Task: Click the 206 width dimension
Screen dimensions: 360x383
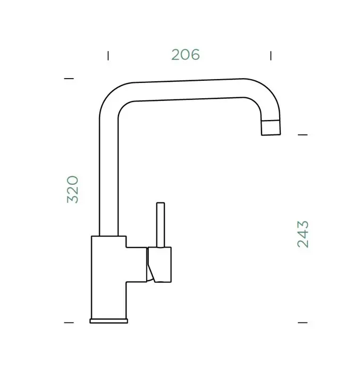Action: (x=186, y=55)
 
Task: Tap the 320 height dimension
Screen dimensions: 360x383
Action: (x=72, y=189)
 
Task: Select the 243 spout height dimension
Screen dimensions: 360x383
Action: (x=303, y=234)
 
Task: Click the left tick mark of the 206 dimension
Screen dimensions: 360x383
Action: (x=108, y=56)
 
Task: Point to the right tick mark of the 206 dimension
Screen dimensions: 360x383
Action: (x=271, y=56)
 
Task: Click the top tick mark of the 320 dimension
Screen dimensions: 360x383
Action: (x=69, y=79)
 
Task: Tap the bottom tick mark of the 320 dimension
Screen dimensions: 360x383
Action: (x=69, y=322)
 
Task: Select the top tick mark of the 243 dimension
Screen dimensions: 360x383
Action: (x=303, y=134)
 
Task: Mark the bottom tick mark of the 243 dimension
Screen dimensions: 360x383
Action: (x=303, y=322)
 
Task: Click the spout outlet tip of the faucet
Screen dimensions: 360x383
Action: (x=271, y=127)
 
